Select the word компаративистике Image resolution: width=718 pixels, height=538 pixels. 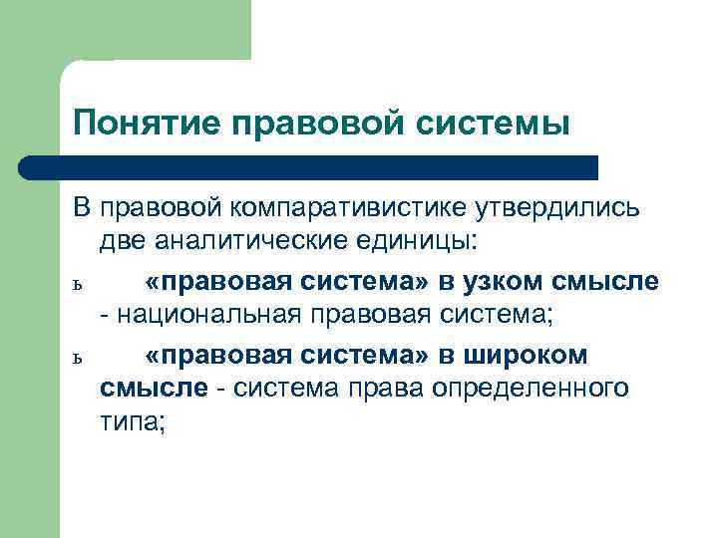point(354,210)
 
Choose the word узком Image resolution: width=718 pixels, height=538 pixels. point(516,281)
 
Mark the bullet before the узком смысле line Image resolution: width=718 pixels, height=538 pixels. point(77,284)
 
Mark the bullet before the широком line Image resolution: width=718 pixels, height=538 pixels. point(77,356)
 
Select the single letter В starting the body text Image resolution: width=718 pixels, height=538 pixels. point(82,210)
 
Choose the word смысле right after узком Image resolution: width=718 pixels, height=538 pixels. point(609,281)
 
